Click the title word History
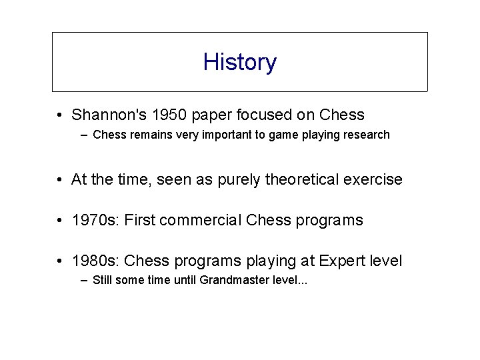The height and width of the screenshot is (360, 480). pyautogui.click(x=239, y=62)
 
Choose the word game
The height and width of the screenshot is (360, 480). pyautogui.click(x=275, y=135)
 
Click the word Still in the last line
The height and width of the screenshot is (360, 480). pyautogui.click(x=103, y=280)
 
